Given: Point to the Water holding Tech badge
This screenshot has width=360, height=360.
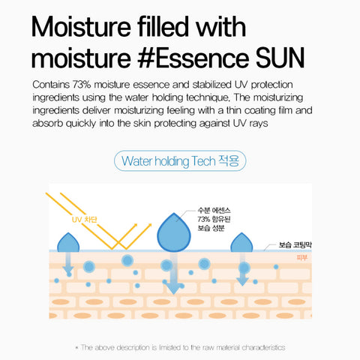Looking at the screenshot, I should tap(181, 160).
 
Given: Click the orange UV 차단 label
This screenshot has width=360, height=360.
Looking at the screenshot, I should tap(85, 219).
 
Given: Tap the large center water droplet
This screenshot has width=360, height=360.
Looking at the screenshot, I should tap(174, 229).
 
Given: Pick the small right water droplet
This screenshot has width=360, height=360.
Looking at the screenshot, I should tap(241, 243).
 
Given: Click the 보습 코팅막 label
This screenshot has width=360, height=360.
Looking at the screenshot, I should tap(294, 244).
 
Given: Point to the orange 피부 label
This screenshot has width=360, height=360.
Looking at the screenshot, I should tap(301, 258).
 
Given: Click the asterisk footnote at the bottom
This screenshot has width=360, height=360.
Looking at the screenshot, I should tap(180, 347).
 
